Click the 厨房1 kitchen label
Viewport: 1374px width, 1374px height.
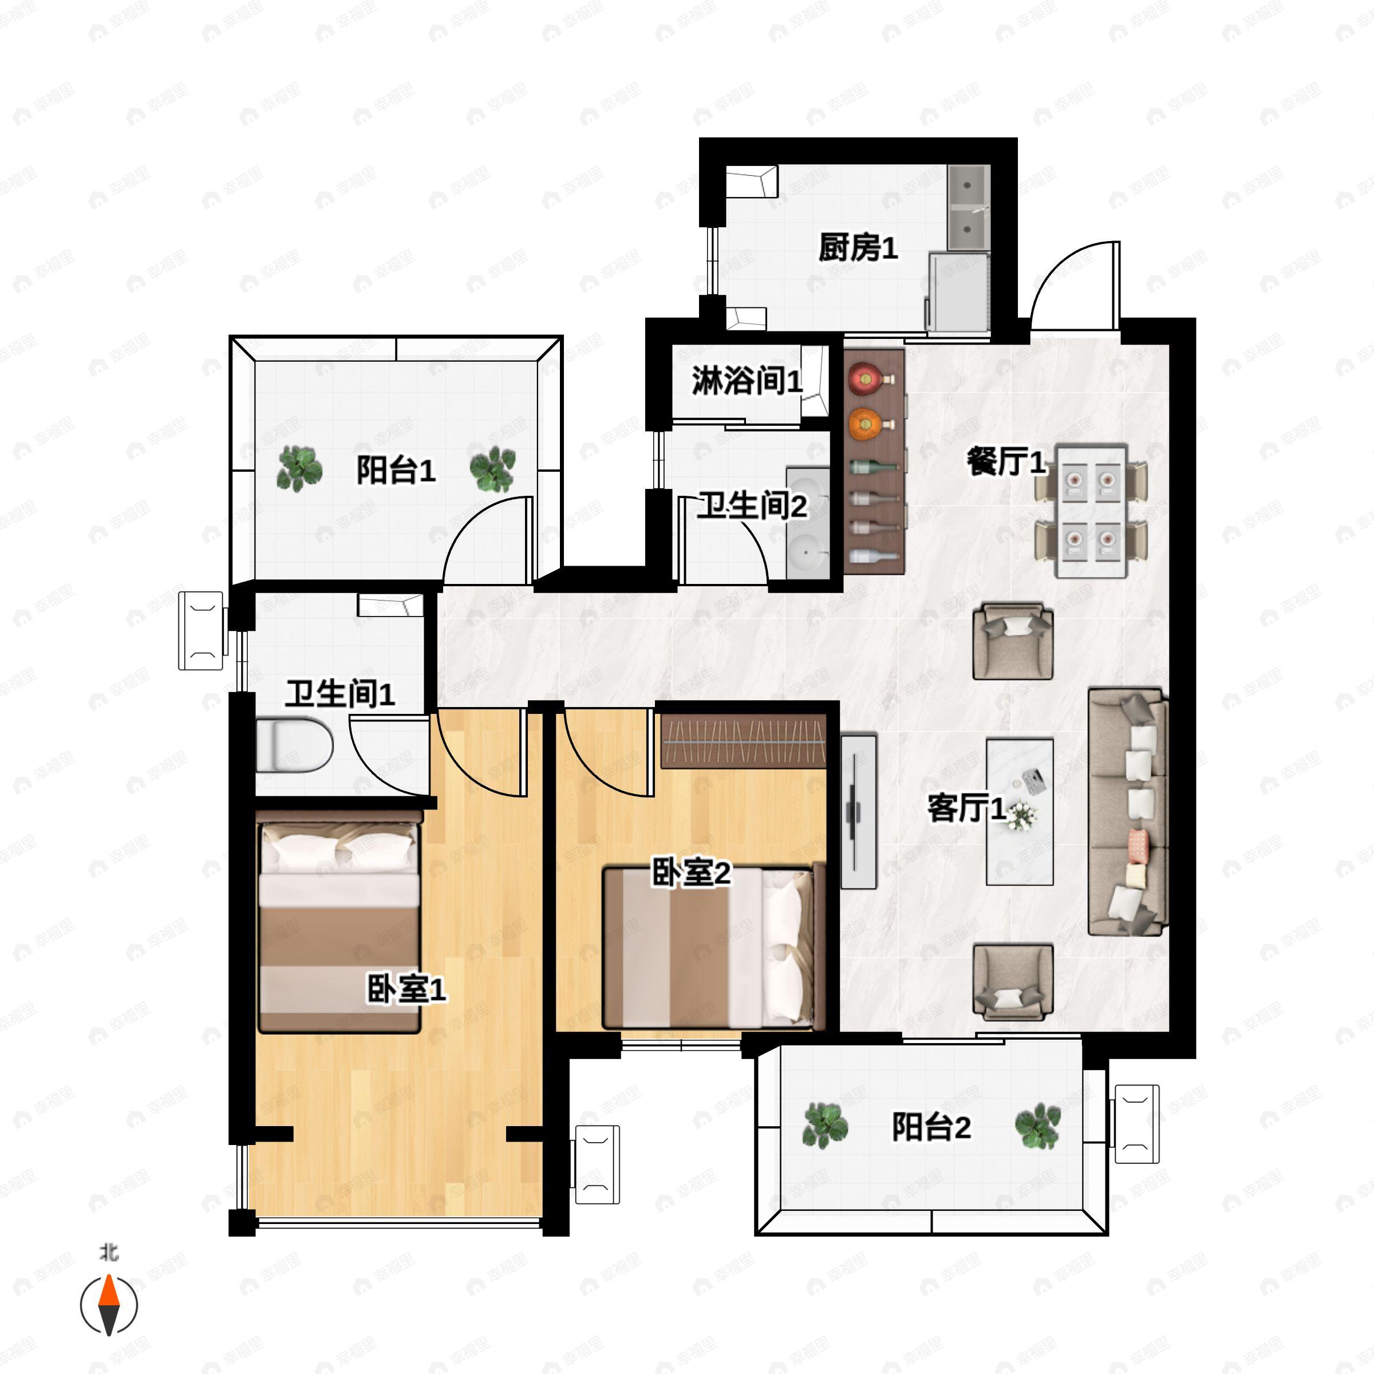pyautogui.click(x=858, y=247)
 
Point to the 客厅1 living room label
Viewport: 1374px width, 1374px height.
pyautogui.click(x=966, y=808)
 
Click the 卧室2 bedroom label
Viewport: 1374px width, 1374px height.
pyautogui.click(x=691, y=872)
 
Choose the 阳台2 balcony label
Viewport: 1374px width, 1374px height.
pyautogui.click(x=931, y=1127)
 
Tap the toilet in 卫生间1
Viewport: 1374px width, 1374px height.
pyautogui.click(x=294, y=745)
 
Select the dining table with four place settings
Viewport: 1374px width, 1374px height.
pyautogui.click(x=1090, y=511)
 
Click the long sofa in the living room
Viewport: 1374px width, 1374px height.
pyautogui.click(x=1128, y=811)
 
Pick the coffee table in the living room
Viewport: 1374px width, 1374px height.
pyautogui.click(x=1019, y=811)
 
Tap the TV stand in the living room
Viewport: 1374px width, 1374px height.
pyautogui.click(x=858, y=811)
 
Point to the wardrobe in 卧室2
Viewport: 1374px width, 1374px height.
pyautogui.click(x=744, y=741)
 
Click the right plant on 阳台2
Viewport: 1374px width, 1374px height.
pyautogui.click(x=1037, y=1126)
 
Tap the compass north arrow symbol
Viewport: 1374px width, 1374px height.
pyautogui.click(x=109, y=1305)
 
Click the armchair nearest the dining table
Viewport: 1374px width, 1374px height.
pyautogui.click(x=1013, y=641)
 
